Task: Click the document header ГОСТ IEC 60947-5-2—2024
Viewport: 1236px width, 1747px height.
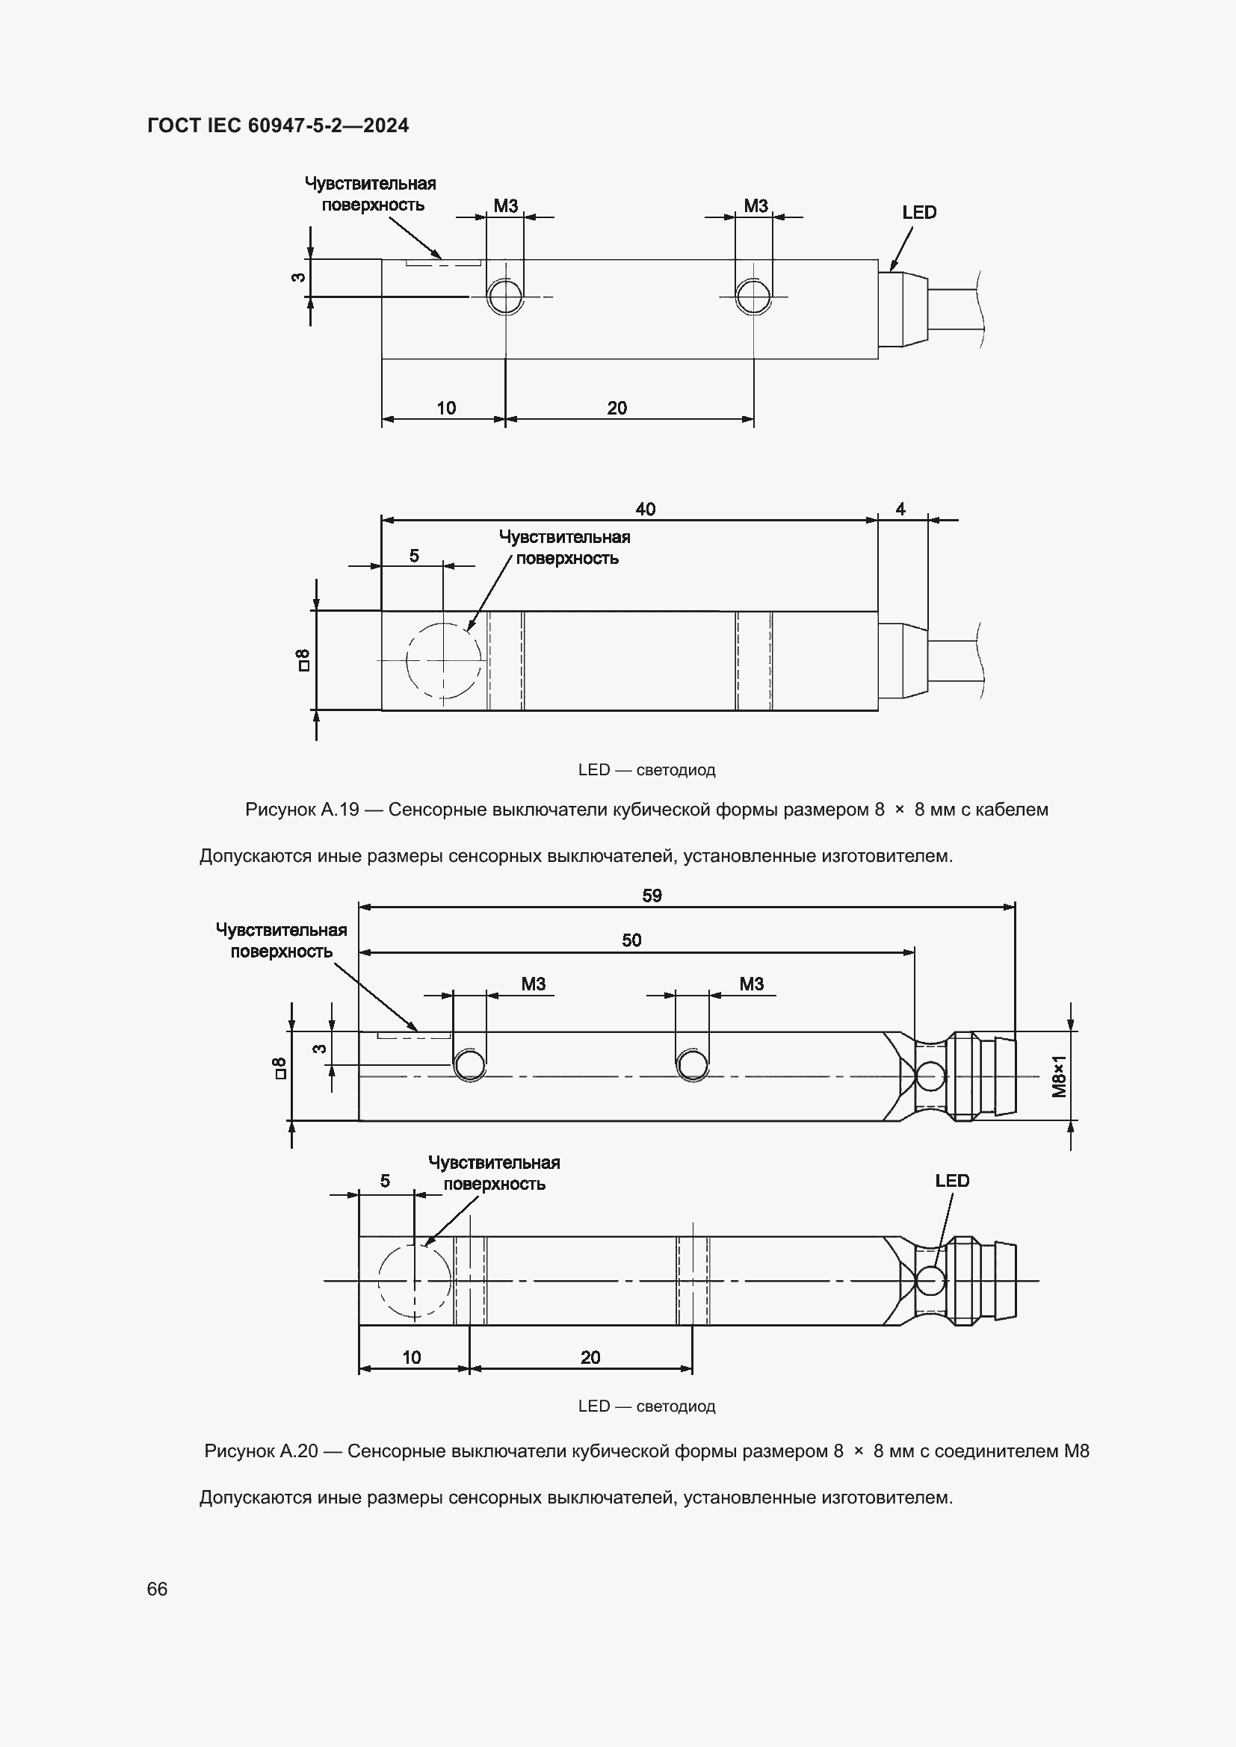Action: coord(278,125)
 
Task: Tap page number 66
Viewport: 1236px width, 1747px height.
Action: coord(157,1589)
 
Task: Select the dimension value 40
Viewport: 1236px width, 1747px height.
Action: coord(645,509)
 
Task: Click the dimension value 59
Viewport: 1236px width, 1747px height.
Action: coord(652,896)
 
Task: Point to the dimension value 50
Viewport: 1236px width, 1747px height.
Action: coord(631,940)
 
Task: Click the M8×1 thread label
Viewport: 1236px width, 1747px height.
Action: coord(1059,1076)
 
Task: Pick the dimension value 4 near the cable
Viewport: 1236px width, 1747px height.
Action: coord(900,509)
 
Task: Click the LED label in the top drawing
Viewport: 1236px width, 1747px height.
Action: coord(918,213)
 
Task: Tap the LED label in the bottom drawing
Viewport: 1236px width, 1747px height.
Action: coord(951,1181)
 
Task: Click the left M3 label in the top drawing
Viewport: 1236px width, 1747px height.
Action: coord(505,205)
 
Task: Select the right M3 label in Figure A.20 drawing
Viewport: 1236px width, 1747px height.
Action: coord(751,984)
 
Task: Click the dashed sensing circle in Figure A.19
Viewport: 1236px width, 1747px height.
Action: coord(444,660)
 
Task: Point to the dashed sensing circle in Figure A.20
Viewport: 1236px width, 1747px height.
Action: coord(414,1282)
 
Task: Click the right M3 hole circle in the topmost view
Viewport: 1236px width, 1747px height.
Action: coord(753,296)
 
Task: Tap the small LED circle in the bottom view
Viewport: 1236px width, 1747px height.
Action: coord(930,1281)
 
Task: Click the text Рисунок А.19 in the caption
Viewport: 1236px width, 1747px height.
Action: coord(301,810)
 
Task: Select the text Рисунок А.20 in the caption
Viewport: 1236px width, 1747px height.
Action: coord(260,1451)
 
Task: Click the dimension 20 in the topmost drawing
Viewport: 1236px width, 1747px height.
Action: coord(617,408)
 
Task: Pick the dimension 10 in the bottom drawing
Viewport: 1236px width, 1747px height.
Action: coord(411,1357)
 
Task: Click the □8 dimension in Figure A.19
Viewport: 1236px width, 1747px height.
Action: coord(302,660)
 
